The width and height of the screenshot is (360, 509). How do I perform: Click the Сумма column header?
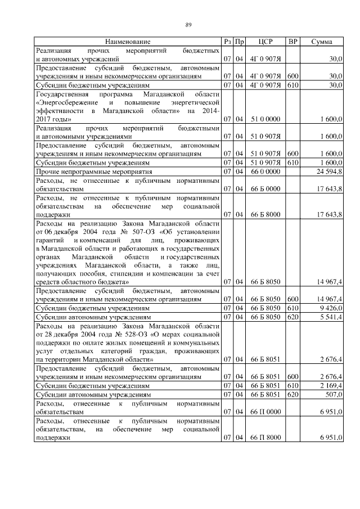[321, 42]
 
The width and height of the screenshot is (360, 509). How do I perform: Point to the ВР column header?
[292, 42]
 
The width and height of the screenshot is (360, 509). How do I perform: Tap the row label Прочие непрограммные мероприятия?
[93, 170]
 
